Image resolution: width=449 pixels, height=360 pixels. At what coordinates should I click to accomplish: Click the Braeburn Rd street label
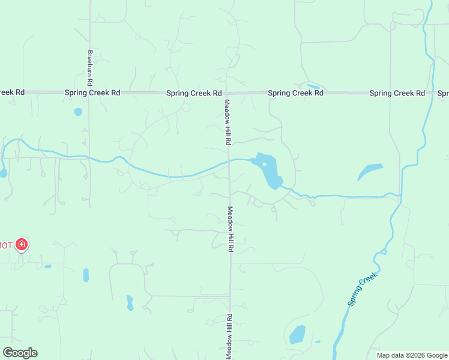89,66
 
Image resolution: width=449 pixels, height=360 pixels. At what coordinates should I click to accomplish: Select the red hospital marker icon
22,244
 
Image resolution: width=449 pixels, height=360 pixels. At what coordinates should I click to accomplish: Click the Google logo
20,353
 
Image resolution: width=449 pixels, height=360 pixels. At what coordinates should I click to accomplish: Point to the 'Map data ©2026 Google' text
411,355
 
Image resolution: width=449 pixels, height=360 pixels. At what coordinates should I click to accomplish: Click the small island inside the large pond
264,165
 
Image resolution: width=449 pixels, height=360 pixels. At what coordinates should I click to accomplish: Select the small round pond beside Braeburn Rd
77,112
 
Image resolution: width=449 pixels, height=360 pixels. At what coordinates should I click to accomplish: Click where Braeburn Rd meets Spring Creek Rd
89,93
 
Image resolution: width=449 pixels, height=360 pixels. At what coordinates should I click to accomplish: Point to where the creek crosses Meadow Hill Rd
229,161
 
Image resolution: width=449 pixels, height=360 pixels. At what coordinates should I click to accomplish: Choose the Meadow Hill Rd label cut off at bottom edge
229,336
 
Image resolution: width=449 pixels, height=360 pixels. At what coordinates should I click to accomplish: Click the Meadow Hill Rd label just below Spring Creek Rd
228,122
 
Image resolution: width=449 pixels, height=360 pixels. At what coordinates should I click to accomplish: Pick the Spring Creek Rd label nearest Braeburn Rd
93,93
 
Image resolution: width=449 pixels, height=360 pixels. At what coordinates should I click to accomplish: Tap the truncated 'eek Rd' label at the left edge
12,92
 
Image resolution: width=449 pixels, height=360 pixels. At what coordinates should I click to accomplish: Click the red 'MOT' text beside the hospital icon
6,245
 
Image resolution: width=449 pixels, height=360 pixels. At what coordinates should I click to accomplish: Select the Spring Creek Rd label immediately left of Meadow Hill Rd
194,93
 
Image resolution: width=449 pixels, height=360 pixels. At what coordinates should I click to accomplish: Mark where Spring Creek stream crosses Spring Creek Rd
431,93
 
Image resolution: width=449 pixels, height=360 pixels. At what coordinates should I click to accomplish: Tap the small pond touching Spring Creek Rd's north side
313,86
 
